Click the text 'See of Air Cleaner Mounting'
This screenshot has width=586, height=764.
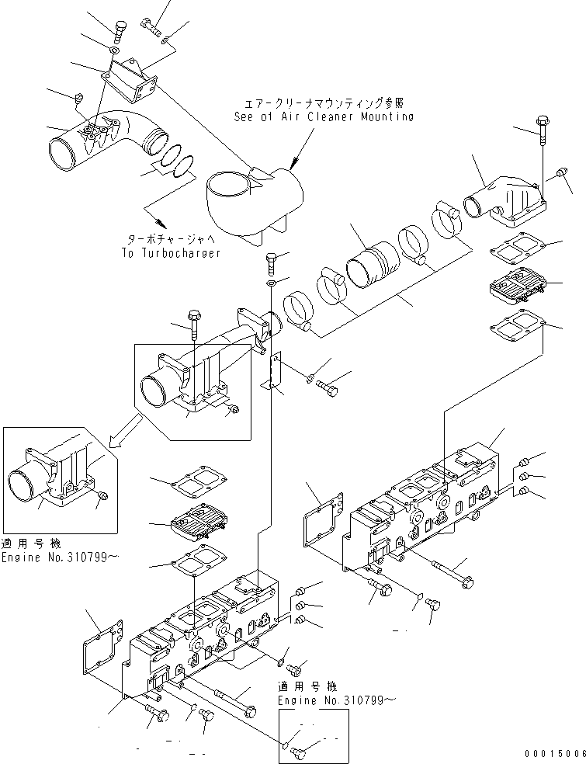pos(324,116)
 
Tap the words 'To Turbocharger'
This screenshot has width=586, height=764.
pos(171,252)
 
